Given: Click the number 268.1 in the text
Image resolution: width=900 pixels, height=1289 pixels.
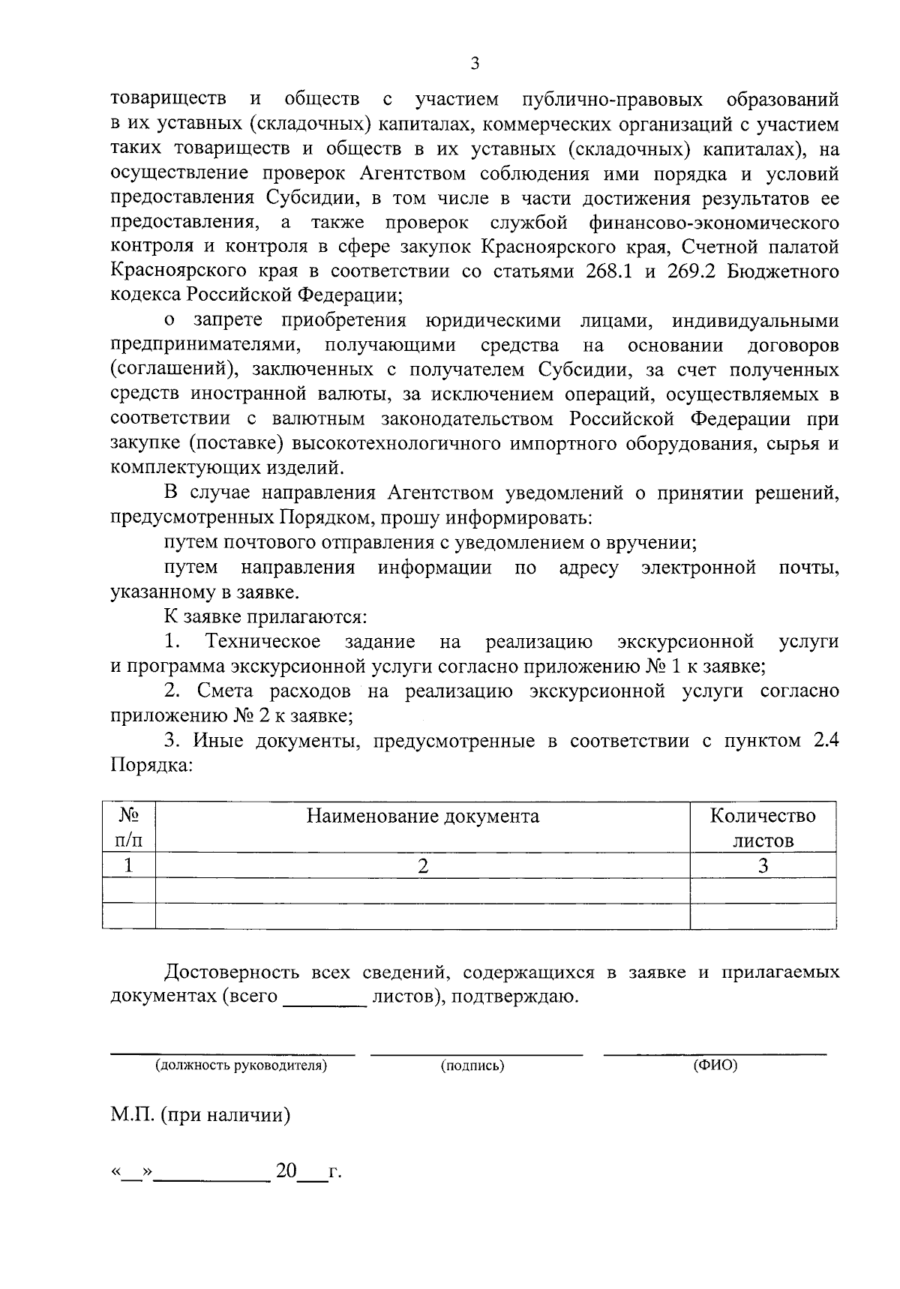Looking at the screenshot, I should pyautogui.click(x=610, y=271).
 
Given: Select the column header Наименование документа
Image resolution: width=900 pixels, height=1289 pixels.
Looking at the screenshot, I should pyautogui.click(x=422, y=816).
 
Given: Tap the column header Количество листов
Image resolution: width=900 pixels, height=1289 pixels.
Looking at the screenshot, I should pyautogui.click(x=763, y=828).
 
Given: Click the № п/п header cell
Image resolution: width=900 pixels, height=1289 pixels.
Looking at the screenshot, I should pyautogui.click(x=128, y=828).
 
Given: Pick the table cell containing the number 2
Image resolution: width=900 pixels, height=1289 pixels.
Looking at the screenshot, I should pyautogui.click(x=422, y=866).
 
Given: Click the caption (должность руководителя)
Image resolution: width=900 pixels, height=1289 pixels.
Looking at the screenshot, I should pyautogui.click(x=241, y=1066).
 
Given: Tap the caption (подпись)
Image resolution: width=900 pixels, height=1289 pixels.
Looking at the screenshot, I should pyautogui.click(x=472, y=1066).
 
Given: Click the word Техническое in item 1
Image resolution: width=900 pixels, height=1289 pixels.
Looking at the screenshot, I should pyautogui.click(x=263, y=642).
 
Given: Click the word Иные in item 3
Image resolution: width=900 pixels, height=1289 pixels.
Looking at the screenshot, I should pyautogui.click(x=217, y=742).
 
